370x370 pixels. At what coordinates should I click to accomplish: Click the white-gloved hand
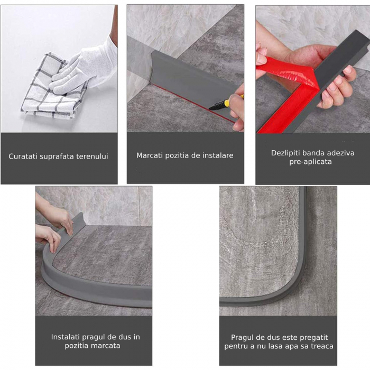coord(85,68)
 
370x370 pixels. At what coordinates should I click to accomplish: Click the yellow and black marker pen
coord(225,103)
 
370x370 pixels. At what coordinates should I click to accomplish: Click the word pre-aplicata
coord(311,162)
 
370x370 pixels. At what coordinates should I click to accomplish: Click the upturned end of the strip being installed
coord(79,218)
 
